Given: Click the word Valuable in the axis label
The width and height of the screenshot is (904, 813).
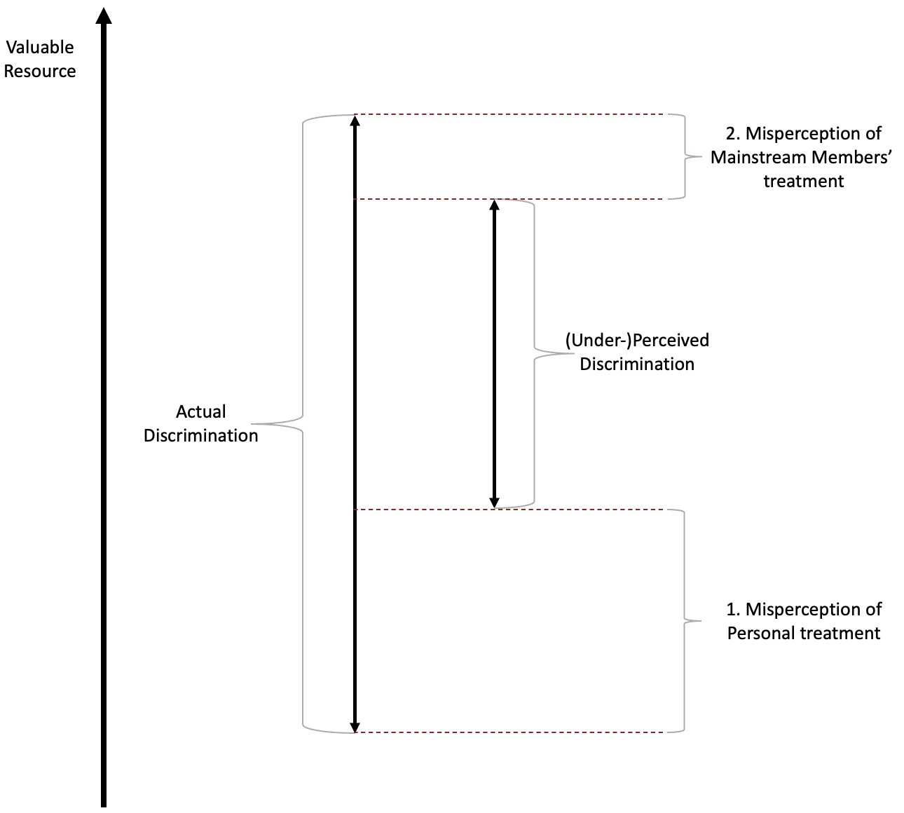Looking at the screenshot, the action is tap(40, 48).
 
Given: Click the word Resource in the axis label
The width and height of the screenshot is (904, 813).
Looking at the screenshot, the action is tap(40, 71).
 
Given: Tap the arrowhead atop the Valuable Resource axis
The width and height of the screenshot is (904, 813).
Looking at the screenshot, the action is tap(104, 16).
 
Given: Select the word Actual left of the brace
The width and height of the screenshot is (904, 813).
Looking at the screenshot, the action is tap(200, 411).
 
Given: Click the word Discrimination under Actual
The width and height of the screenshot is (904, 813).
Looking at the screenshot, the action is tap(200, 435).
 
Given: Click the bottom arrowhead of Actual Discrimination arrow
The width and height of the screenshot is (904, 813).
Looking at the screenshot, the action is tap(355, 727).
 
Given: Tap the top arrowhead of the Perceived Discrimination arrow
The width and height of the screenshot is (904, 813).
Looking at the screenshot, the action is tap(494, 205).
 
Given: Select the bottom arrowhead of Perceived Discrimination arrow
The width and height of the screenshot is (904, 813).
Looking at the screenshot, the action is tap(494, 503).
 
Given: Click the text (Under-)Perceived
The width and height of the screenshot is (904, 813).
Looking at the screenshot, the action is tap(637, 341).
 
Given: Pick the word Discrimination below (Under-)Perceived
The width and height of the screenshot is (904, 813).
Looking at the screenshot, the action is tap(637, 364).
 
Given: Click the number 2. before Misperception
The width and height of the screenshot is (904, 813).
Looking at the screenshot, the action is tap(733, 133).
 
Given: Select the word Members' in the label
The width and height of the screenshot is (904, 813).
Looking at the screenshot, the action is tap(851, 158).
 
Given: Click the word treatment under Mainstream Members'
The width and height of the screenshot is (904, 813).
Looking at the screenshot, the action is tap(804, 182).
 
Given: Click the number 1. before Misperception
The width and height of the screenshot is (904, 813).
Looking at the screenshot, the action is tap(733, 609).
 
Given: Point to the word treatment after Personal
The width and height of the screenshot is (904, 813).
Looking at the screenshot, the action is tap(840, 633).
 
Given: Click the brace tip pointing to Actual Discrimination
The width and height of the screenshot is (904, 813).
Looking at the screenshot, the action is tap(252, 424).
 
